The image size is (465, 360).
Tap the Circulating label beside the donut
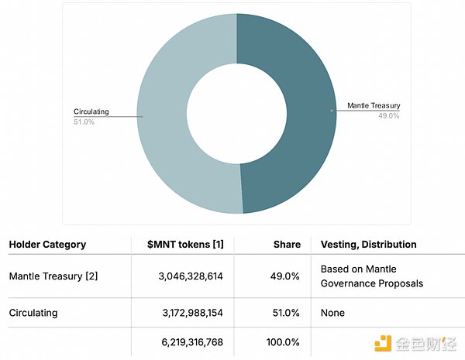(91, 111)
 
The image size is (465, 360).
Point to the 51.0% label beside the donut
(84, 122)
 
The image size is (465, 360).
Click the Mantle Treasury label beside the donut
(374, 105)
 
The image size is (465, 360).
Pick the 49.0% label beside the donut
(388, 115)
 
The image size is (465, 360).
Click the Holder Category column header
(47, 245)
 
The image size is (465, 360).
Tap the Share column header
(287, 245)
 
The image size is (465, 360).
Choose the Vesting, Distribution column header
(368, 245)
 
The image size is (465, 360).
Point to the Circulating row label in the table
(33, 313)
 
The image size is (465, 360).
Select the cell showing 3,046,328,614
(184, 276)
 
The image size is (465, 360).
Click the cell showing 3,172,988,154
(184, 313)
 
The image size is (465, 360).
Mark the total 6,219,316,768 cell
(184, 341)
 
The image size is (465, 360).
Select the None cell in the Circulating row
(332, 313)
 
